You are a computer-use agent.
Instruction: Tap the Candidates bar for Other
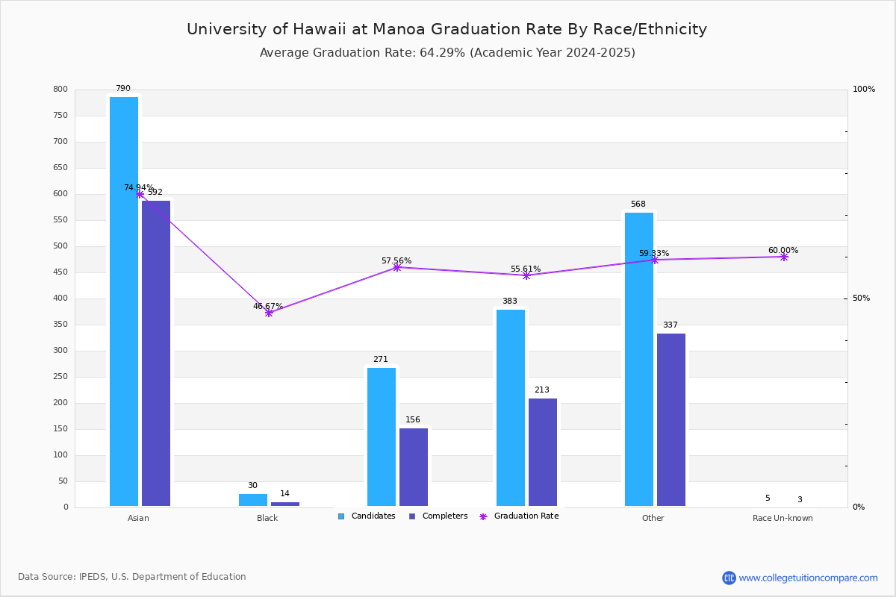click(639, 359)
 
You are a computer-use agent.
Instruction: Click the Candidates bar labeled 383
click(511, 407)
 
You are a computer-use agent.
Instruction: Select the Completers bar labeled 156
click(414, 467)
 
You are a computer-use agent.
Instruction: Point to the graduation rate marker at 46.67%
click(269, 313)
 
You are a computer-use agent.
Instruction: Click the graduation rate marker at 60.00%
click(784, 257)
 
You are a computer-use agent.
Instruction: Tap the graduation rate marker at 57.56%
click(397, 267)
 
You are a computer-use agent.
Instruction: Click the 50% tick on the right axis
click(861, 298)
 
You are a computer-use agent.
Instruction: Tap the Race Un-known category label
click(783, 518)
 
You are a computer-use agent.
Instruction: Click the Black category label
click(267, 518)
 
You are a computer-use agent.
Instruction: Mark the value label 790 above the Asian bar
click(122, 89)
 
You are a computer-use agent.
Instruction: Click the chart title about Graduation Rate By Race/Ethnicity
click(447, 29)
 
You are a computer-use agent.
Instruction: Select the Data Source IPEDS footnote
click(132, 577)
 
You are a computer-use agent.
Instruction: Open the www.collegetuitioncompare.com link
click(808, 578)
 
